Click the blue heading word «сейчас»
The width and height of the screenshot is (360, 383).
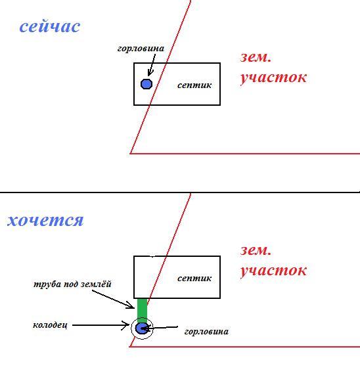coord(50,27)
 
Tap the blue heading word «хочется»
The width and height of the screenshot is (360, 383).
coord(45,220)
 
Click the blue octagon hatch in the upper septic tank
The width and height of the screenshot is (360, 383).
coord(146,84)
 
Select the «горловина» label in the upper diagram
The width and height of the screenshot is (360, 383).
coord(141,49)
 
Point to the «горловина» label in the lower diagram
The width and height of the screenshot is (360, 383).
coord(206,332)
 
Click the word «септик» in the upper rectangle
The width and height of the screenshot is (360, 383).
coord(194,85)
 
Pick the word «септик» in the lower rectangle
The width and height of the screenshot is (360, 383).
coord(194,278)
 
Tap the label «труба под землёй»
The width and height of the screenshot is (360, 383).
coord(72,284)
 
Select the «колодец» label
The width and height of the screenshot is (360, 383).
coord(50,325)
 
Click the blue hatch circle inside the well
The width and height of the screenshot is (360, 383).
coord(141,328)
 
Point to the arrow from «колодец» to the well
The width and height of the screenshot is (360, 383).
coord(101,325)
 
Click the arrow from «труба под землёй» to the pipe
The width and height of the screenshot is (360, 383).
coord(113,300)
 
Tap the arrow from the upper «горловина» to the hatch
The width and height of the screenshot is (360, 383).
coord(152,65)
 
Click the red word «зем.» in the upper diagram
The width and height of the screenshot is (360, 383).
coord(256,57)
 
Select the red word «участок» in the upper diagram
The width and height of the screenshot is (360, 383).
coord(273,78)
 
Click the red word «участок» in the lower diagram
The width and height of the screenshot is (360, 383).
coord(273,271)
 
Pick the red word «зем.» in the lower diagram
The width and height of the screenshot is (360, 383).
coord(256,250)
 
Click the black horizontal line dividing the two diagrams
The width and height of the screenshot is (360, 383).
coord(180,192)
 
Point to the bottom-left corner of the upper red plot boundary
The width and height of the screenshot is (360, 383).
coord(130,154)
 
